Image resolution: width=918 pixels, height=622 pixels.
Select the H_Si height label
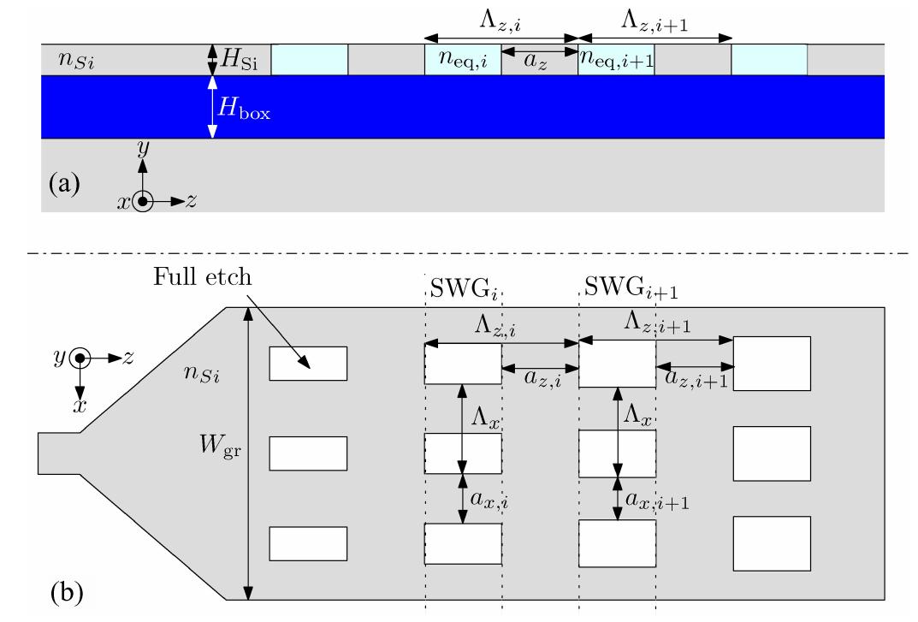pyautogui.click(x=241, y=59)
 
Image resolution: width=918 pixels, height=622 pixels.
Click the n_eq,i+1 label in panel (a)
pyautogui.click(x=615, y=60)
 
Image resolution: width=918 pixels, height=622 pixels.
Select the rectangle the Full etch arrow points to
pyautogui.click(x=308, y=363)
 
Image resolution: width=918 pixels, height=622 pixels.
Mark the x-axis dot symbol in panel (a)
pyautogui.click(x=143, y=202)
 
